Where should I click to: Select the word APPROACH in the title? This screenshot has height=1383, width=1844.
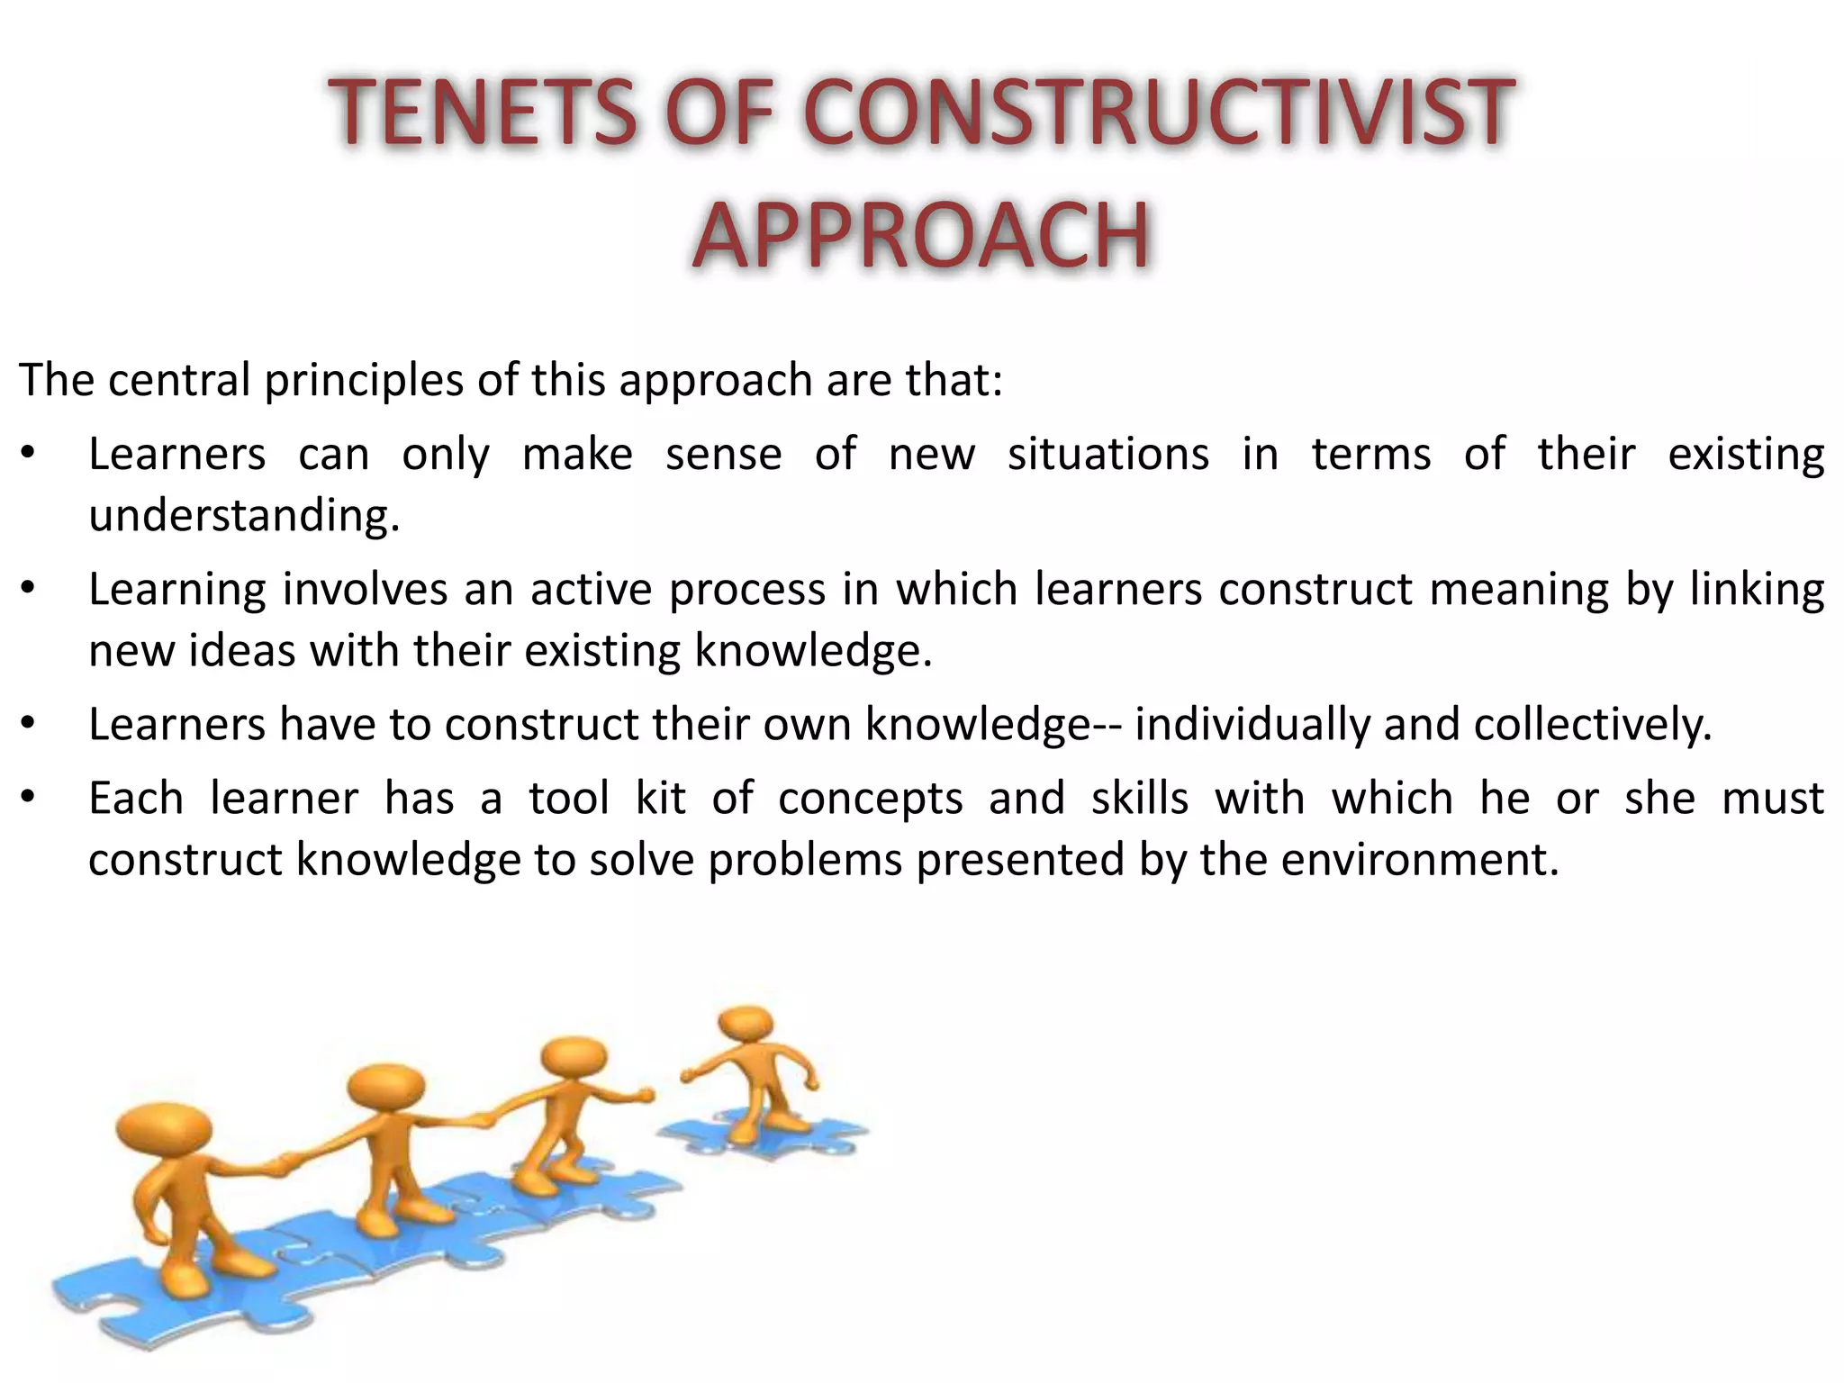(x=921, y=236)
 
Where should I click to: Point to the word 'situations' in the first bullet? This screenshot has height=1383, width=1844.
(x=1107, y=454)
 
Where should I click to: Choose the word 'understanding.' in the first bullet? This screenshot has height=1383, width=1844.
(x=244, y=516)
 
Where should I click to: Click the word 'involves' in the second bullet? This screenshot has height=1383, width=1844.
(x=365, y=590)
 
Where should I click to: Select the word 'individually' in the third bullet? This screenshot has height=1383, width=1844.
(x=1252, y=725)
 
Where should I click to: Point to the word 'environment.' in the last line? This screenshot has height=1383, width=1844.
(x=1420, y=860)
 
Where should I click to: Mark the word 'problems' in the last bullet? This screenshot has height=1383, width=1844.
(x=805, y=860)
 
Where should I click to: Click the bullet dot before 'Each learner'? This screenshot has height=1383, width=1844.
(x=29, y=798)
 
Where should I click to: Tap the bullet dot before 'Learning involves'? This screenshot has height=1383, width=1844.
(x=29, y=589)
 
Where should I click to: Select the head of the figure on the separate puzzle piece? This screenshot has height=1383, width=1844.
(x=746, y=1024)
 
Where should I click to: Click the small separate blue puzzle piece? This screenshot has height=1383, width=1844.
(x=765, y=1135)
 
